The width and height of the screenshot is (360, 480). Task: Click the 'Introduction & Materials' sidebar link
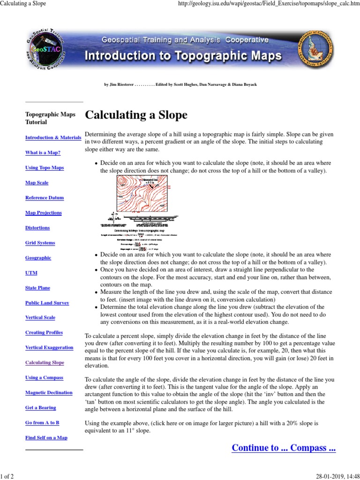click(x=53, y=138)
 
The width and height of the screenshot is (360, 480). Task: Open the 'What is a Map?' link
click(x=43, y=153)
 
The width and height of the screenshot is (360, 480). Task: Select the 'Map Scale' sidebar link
click(x=37, y=183)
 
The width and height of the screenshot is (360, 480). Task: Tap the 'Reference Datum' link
click(x=44, y=198)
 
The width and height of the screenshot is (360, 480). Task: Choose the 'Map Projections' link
click(x=43, y=213)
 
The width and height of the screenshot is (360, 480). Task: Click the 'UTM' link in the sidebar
click(x=31, y=273)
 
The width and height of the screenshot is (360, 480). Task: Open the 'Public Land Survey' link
click(x=47, y=303)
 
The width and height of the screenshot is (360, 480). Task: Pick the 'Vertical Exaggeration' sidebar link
click(x=49, y=348)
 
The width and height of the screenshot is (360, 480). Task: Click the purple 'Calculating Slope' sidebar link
click(x=45, y=363)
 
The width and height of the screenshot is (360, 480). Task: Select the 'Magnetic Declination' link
click(x=49, y=393)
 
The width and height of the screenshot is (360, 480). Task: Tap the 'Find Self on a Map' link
click(x=46, y=438)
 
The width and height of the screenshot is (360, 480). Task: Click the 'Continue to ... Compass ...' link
click(x=284, y=448)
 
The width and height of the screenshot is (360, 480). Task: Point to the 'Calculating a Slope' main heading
click(x=136, y=115)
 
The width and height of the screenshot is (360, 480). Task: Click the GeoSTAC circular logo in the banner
click(x=45, y=54)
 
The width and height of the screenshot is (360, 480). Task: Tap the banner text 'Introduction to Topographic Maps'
click(x=183, y=57)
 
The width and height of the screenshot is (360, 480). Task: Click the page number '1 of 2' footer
click(x=7, y=476)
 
